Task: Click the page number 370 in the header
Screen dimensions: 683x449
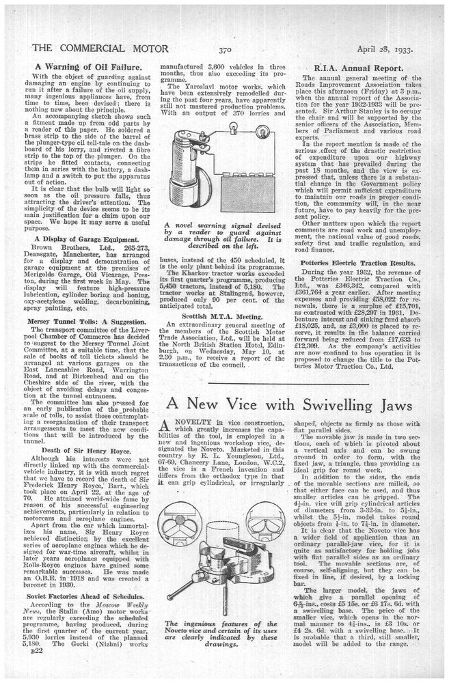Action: coord(226,48)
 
